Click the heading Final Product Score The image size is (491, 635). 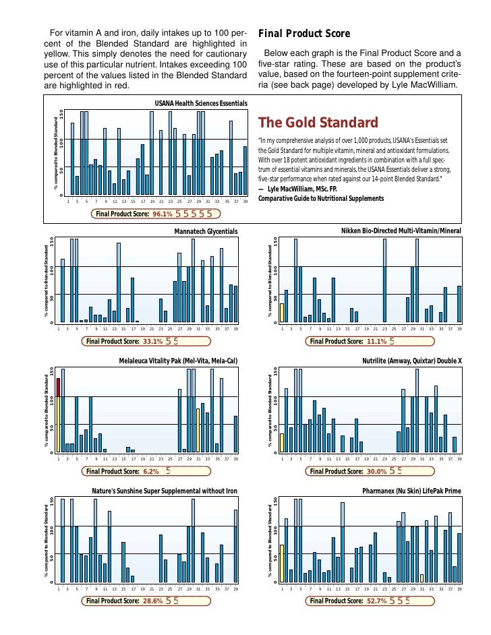click(304, 34)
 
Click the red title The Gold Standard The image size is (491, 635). click(318, 123)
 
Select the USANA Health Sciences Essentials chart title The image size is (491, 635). click(201, 103)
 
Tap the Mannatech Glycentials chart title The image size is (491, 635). click(206, 231)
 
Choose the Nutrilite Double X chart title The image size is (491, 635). click(411, 361)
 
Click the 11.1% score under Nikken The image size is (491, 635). click(376, 342)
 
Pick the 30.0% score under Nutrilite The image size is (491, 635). click(376, 471)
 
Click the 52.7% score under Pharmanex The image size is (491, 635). click(376, 601)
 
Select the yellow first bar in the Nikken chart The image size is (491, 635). click(282, 313)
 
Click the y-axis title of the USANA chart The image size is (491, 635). click(57, 153)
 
